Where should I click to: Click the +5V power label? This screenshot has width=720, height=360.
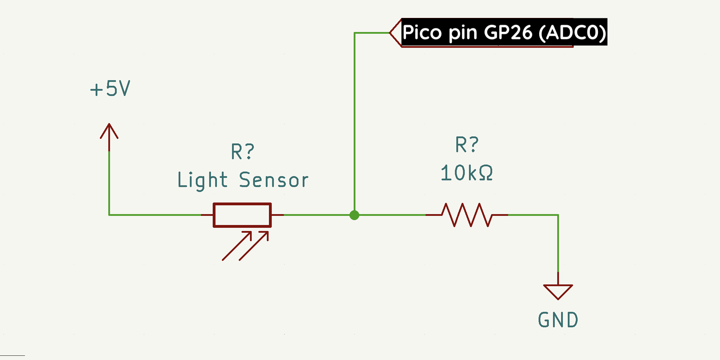[110, 89]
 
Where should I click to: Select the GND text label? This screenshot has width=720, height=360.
[558, 320]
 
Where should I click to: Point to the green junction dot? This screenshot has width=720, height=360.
[354, 215]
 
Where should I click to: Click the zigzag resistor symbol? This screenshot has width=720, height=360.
[467, 215]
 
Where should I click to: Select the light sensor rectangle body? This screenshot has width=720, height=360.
[242, 215]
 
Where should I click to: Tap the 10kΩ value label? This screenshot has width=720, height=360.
[467, 173]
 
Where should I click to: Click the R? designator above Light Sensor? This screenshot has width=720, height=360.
[242, 152]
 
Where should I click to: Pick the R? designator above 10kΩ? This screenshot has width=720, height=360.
[467, 144]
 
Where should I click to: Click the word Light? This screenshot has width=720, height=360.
[202, 180]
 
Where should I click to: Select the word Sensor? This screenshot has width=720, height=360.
[274, 180]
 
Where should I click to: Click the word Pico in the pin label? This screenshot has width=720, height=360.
[422, 32]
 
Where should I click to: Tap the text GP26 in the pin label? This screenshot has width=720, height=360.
[508, 32]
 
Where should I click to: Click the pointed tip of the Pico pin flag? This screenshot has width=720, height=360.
[391, 33]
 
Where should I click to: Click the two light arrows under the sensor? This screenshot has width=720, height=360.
[245, 246]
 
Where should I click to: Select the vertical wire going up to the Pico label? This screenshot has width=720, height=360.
[354, 123]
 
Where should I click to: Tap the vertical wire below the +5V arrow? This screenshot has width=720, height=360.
[109, 183]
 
